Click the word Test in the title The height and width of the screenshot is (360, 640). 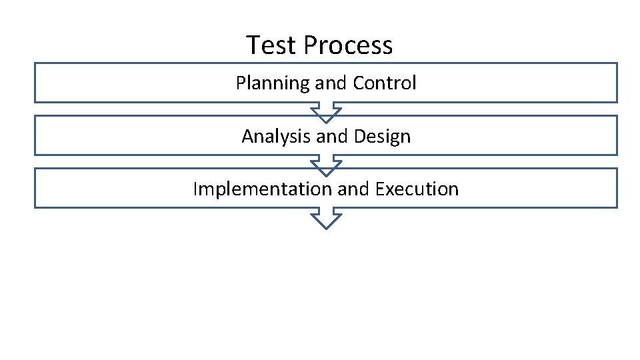(x=271, y=45)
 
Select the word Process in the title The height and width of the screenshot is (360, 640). (x=348, y=45)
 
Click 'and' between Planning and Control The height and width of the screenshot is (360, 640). (x=331, y=83)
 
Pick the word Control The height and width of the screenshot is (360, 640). (x=385, y=83)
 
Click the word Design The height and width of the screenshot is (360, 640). (x=382, y=137)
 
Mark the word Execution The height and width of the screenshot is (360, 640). (x=417, y=189)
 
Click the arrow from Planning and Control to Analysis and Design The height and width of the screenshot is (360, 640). (x=326, y=113)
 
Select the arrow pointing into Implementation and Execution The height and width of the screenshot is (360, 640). (x=326, y=166)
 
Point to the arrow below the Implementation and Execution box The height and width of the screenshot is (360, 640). (x=326, y=219)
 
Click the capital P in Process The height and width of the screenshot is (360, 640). (x=310, y=45)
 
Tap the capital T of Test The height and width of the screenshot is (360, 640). (x=253, y=45)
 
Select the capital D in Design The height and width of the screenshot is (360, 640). (x=359, y=137)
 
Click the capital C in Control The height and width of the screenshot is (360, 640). (x=358, y=83)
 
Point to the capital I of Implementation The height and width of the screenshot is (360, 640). (x=195, y=189)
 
